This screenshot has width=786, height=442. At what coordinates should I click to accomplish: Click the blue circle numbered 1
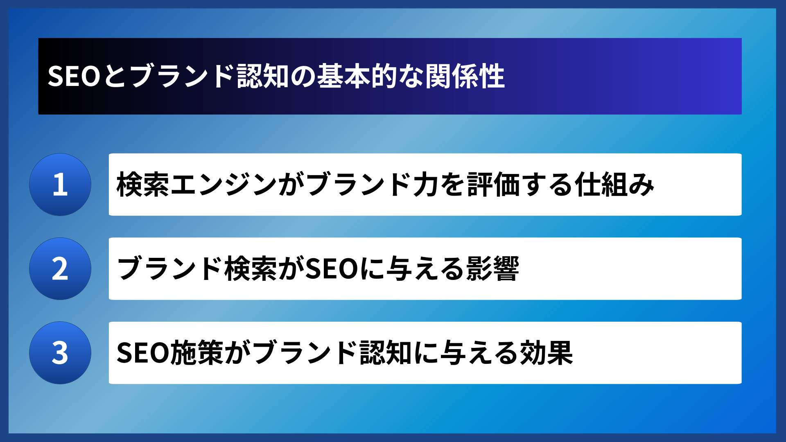click(60, 185)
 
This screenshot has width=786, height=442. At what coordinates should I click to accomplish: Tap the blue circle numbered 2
click(60, 269)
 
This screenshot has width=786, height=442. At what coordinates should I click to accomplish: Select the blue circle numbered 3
click(60, 353)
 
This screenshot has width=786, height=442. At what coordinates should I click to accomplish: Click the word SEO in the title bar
click(74, 76)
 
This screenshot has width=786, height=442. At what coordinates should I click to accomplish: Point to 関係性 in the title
click(465, 76)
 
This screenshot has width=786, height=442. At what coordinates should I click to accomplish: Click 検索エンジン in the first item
click(196, 185)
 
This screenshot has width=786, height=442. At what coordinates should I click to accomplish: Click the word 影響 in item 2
click(492, 269)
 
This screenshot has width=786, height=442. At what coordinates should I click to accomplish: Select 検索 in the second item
click(251, 269)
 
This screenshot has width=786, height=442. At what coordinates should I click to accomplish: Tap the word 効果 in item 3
click(546, 353)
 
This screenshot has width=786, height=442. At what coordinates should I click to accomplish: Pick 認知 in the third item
click(386, 353)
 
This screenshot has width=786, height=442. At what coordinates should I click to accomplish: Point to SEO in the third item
click(143, 353)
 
